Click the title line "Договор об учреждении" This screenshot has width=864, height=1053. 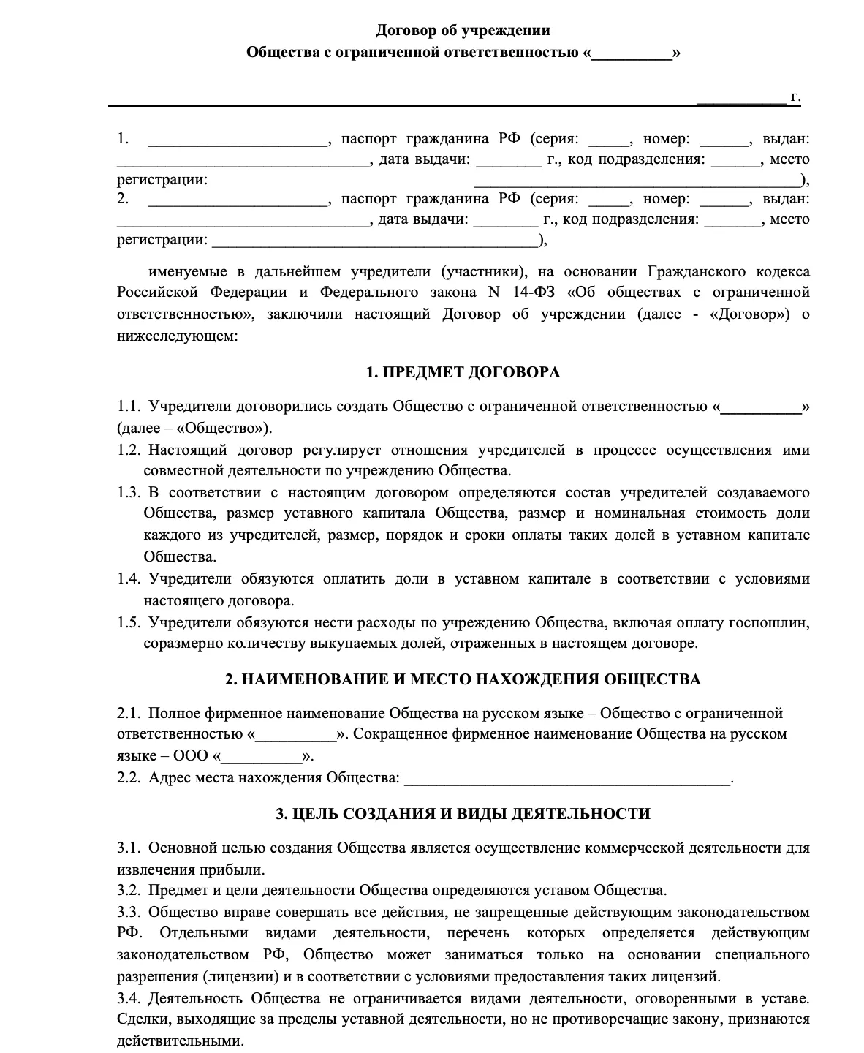(x=463, y=30)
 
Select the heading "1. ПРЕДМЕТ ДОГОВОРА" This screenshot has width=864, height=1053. (x=463, y=372)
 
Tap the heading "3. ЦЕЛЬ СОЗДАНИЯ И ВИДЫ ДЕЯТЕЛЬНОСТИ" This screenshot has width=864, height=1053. (x=463, y=813)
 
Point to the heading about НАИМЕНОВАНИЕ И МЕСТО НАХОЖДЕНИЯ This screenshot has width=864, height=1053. (x=463, y=679)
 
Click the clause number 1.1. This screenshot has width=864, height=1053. (x=128, y=406)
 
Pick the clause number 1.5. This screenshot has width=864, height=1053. (x=128, y=622)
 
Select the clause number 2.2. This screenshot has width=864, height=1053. (x=128, y=777)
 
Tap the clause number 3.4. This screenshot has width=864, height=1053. (x=128, y=998)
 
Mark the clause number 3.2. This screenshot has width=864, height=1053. (x=128, y=890)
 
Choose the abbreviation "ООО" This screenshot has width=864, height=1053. (x=192, y=755)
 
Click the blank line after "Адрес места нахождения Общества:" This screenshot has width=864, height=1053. (x=566, y=779)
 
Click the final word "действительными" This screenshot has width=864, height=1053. (x=180, y=1041)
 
